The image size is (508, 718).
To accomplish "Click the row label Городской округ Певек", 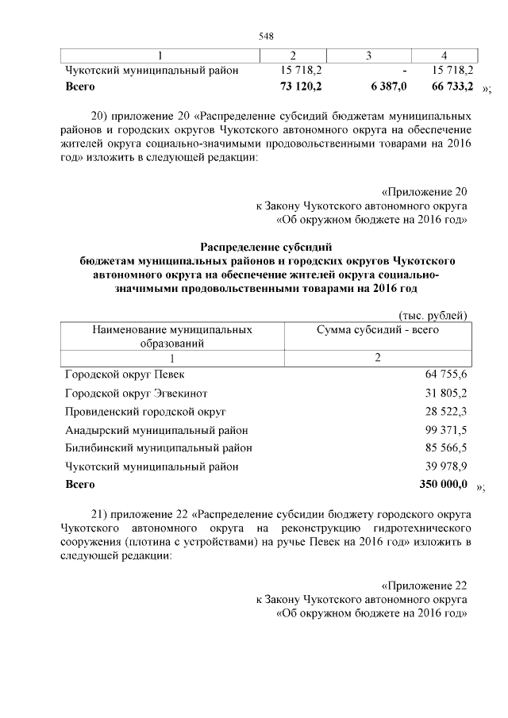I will pyautogui.click(x=125, y=374).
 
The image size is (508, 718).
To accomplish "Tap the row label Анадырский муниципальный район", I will pyautogui.click(x=157, y=430).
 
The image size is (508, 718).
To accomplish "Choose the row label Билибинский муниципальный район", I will pyautogui.click(x=159, y=448).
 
